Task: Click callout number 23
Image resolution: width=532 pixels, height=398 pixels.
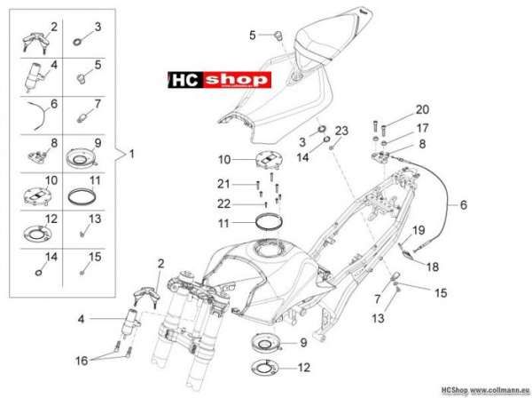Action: pyautogui.click(x=341, y=131)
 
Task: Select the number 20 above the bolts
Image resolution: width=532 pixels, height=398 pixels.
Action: pyautogui.click(x=422, y=110)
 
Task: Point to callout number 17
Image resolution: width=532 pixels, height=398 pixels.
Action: pyautogui.click(x=423, y=128)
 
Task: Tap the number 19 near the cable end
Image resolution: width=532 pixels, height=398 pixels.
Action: pyautogui.click(x=419, y=230)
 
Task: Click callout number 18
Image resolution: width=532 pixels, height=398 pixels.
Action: pyautogui.click(x=433, y=267)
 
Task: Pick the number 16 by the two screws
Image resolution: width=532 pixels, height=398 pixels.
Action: pyautogui.click(x=82, y=361)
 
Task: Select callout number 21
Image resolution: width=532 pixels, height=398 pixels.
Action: pyautogui.click(x=224, y=184)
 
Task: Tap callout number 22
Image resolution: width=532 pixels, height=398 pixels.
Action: pyautogui.click(x=224, y=204)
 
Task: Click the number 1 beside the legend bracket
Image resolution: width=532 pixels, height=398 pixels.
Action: pyautogui.click(x=131, y=154)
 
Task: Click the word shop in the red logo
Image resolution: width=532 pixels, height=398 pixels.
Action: pyautogui.click(x=237, y=80)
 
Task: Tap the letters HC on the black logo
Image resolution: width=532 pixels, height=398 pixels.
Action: pyautogui.click(x=185, y=80)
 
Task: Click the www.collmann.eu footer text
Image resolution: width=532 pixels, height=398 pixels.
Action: pyautogui.click(x=500, y=389)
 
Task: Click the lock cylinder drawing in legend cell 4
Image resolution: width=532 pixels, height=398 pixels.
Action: pyautogui.click(x=34, y=77)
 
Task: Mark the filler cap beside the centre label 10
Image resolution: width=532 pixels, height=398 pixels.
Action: pyautogui.click(x=269, y=160)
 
